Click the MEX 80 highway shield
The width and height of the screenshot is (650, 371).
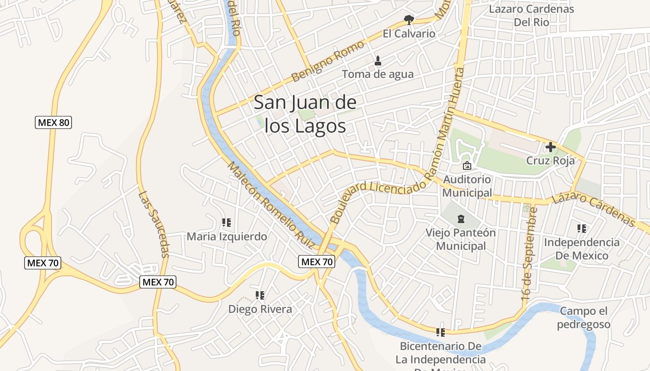point(53,122)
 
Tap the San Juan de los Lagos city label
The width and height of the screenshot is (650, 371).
point(305,114)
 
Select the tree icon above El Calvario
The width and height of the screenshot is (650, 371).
point(409,19)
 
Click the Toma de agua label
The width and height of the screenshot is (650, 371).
point(377,74)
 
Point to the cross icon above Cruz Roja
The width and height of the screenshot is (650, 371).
point(551,147)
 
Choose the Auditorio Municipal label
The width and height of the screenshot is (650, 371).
point(467,185)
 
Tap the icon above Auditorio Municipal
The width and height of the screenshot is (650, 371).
point(467,166)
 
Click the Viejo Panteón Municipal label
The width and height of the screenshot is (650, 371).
point(461,239)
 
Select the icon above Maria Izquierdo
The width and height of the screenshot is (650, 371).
point(227,223)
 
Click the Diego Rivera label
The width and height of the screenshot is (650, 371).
point(260,309)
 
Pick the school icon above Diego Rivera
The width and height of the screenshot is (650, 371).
point(260,295)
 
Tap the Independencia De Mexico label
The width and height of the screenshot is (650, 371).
point(581,249)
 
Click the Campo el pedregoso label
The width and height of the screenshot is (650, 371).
point(584,318)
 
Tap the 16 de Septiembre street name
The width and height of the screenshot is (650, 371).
point(529,255)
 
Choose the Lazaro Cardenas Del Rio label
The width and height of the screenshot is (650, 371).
point(532,15)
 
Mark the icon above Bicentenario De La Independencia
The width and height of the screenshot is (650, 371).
point(440,332)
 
